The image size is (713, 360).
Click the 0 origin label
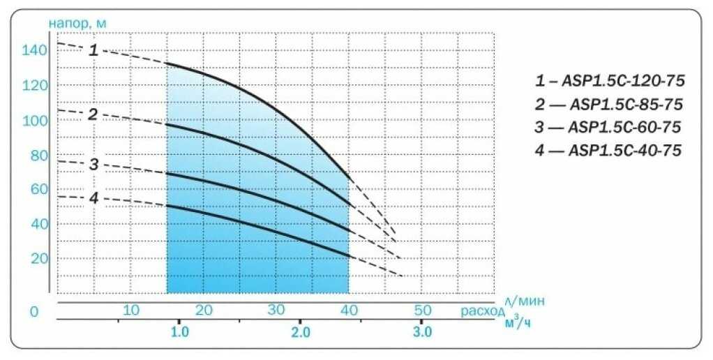click(33, 312)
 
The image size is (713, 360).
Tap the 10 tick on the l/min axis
click(131, 310)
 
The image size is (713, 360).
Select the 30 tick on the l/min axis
click(276, 310)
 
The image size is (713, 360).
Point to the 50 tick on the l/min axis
click(423, 310)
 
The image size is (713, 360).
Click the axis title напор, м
click(77, 23)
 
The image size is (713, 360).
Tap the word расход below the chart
click(481, 310)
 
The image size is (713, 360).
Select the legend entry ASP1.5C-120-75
click(610, 82)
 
